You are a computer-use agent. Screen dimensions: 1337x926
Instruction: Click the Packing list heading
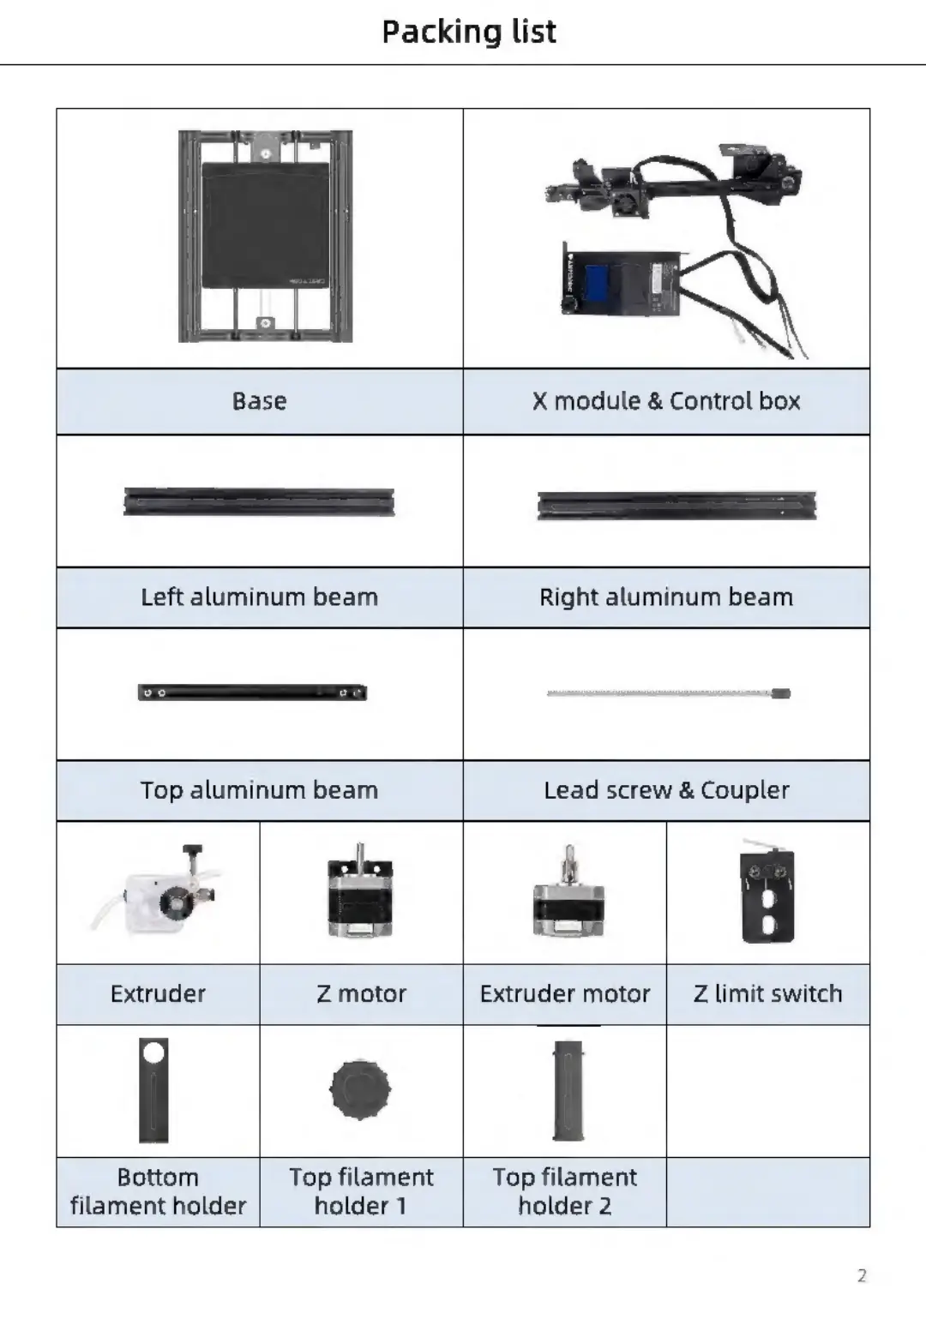(468, 32)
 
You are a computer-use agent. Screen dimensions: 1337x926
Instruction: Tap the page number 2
(862, 1275)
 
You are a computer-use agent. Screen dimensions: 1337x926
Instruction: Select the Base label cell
(259, 401)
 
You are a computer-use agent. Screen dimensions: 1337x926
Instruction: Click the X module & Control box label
(666, 401)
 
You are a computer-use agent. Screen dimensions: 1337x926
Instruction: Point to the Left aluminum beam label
(259, 597)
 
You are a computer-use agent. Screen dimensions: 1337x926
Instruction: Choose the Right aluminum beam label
(666, 597)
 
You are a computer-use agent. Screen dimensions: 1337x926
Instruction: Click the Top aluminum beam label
(259, 789)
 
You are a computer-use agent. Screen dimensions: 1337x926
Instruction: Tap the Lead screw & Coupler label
(666, 789)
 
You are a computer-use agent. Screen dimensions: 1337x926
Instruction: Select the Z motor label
(361, 993)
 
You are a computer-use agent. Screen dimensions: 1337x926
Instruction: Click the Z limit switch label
(767, 993)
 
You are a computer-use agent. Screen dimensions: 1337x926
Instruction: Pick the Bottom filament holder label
(158, 1191)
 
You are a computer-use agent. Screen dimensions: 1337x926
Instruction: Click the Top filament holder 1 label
(361, 1191)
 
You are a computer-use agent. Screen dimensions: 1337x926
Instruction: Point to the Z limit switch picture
(767, 893)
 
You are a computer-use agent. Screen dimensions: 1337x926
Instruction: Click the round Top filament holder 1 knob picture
(360, 1089)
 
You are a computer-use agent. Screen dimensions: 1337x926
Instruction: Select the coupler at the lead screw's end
(780, 692)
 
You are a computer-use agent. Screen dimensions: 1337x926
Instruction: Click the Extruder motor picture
(568, 896)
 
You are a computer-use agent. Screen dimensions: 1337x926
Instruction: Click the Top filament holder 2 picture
(568, 1090)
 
